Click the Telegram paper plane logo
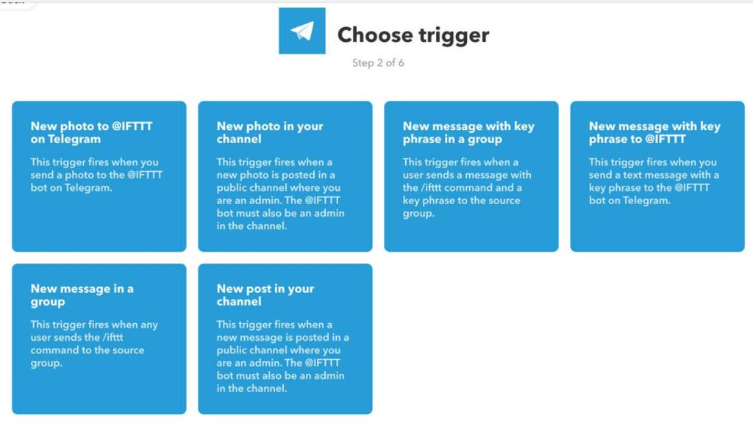point(301,31)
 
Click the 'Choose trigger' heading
point(413,35)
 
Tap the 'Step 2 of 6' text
point(378,63)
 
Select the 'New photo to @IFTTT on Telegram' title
point(91,132)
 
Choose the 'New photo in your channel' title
point(270,132)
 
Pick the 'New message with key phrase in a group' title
point(468,132)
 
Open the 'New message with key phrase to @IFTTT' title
point(654,132)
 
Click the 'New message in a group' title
point(82,295)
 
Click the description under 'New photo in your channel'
point(280,194)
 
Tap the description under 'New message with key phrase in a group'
point(466,188)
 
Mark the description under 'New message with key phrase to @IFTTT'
point(654,181)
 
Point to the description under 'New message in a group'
point(94,344)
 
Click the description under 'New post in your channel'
point(282,356)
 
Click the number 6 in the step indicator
point(401,63)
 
